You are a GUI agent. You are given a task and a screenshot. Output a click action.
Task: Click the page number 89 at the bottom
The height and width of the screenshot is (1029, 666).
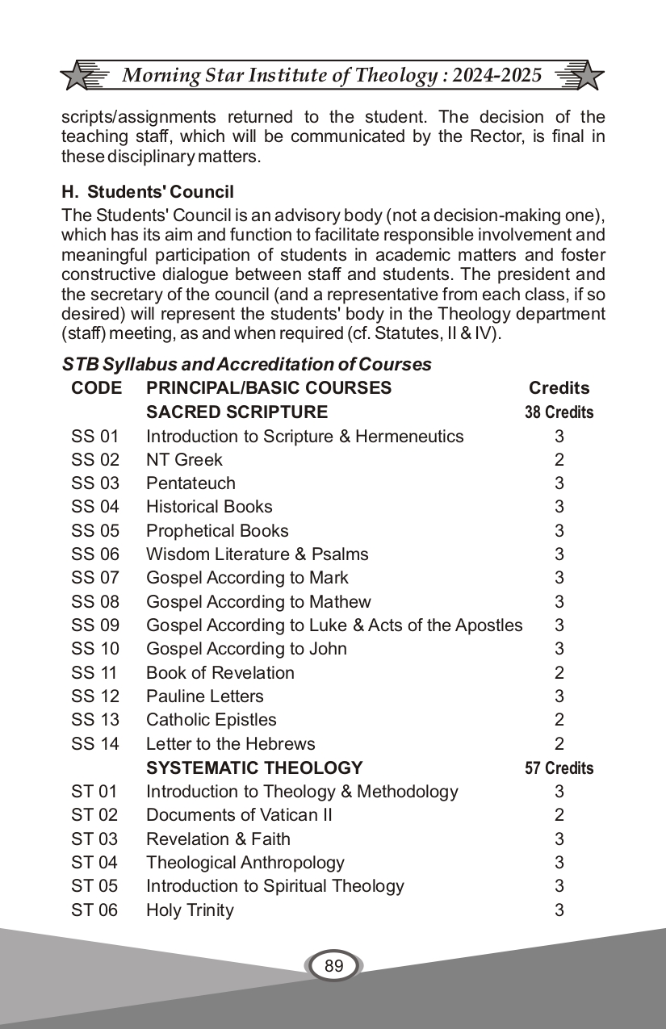(333, 966)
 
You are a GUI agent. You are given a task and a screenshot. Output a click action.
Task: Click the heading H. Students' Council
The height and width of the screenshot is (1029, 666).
(148, 192)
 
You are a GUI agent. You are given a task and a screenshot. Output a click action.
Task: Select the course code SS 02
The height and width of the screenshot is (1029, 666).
(94, 460)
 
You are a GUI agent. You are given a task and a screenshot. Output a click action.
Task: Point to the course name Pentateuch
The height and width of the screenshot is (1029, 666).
(191, 483)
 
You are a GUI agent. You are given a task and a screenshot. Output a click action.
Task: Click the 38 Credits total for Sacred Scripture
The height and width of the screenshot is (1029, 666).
(559, 412)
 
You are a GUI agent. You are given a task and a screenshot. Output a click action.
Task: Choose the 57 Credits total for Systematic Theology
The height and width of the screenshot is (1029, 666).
(559, 768)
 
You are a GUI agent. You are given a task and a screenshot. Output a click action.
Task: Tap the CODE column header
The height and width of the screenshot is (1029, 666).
(96, 388)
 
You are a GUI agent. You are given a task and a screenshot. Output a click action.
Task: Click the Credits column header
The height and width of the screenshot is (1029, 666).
(559, 388)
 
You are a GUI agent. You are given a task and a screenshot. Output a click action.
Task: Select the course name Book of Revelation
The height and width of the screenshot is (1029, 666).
(220, 672)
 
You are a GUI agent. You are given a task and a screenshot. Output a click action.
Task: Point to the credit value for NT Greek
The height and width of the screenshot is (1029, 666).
(559, 460)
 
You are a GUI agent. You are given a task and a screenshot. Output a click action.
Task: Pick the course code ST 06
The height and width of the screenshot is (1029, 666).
(94, 910)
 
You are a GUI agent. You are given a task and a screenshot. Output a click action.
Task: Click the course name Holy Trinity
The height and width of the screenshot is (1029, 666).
(190, 910)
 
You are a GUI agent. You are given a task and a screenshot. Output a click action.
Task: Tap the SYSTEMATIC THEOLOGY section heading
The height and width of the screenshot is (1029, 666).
(254, 768)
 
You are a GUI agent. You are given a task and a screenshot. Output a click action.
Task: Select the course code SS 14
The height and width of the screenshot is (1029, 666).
(94, 743)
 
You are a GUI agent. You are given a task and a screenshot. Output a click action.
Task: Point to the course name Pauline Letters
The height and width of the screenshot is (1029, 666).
(204, 696)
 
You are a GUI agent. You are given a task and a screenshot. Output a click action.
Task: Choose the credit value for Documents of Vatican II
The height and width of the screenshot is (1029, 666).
(559, 815)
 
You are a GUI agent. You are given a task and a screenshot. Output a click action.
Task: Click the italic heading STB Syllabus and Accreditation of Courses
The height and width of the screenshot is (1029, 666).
(247, 365)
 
